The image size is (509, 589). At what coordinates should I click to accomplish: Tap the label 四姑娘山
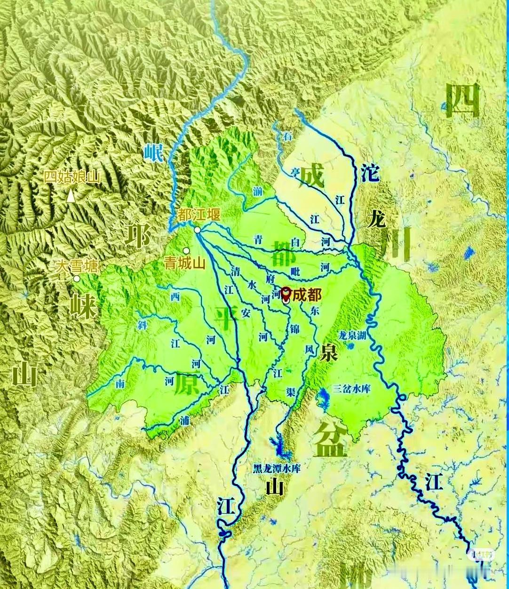(72, 177)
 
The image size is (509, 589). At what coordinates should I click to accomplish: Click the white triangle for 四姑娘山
(71, 196)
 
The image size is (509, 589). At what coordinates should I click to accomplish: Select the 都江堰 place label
(199, 215)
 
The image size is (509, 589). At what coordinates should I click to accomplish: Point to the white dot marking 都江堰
(198, 230)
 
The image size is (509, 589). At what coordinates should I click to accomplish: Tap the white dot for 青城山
(186, 251)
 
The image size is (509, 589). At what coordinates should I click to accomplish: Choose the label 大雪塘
(77, 266)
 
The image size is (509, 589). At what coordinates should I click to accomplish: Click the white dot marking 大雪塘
(76, 279)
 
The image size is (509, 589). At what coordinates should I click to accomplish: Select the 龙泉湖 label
(353, 335)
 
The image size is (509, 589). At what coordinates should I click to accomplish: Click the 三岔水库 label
(352, 389)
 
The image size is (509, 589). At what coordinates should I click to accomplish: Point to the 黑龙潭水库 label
(277, 469)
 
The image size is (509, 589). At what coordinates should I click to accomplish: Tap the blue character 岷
(153, 153)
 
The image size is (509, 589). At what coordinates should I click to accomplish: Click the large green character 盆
(331, 439)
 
